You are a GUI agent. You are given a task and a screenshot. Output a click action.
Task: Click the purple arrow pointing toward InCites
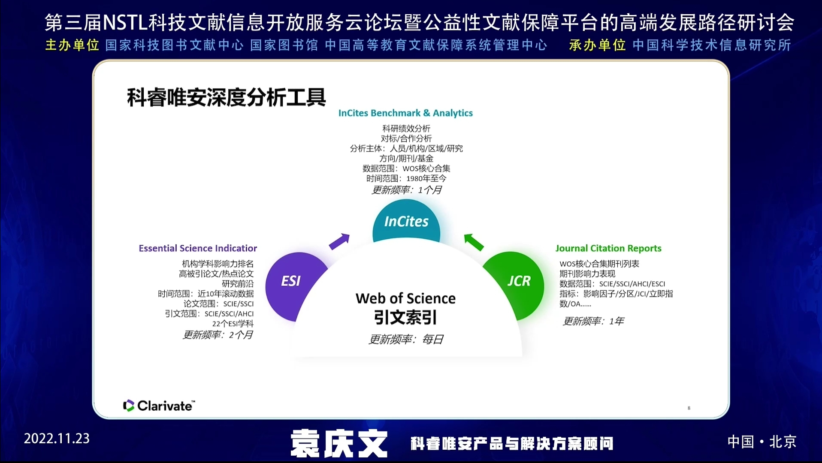tap(339, 241)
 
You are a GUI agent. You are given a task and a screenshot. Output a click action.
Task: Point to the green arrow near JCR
tap(474, 242)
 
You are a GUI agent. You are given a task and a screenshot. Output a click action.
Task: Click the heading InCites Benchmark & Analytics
tap(405, 113)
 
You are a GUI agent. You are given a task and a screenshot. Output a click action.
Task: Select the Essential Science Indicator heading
tap(198, 248)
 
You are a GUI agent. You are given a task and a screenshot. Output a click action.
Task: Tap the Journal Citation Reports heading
tap(608, 248)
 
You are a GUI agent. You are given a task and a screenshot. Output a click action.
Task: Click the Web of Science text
tap(405, 298)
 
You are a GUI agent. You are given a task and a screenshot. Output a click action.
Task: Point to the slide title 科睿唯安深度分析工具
tap(227, 97)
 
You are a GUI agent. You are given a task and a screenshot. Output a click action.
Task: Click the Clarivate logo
tap(159, 406)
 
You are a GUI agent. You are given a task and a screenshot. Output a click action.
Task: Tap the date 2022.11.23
tap(57, 439)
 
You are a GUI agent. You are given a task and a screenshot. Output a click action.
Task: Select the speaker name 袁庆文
tap(339, 443)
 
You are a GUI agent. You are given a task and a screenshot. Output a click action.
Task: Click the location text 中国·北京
tap(762, 442)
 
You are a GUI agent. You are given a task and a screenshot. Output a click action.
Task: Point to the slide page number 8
tap(689, 408)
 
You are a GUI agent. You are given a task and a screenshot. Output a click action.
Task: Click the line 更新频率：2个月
tap(218, 335)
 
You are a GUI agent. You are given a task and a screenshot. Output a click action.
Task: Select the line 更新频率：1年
tap(593, 321)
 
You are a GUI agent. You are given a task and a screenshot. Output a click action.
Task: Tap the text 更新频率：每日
tap(406, 340)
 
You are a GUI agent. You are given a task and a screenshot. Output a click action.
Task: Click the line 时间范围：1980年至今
tap(406, 178)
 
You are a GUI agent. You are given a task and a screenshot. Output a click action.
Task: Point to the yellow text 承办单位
tap(597, 45)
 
